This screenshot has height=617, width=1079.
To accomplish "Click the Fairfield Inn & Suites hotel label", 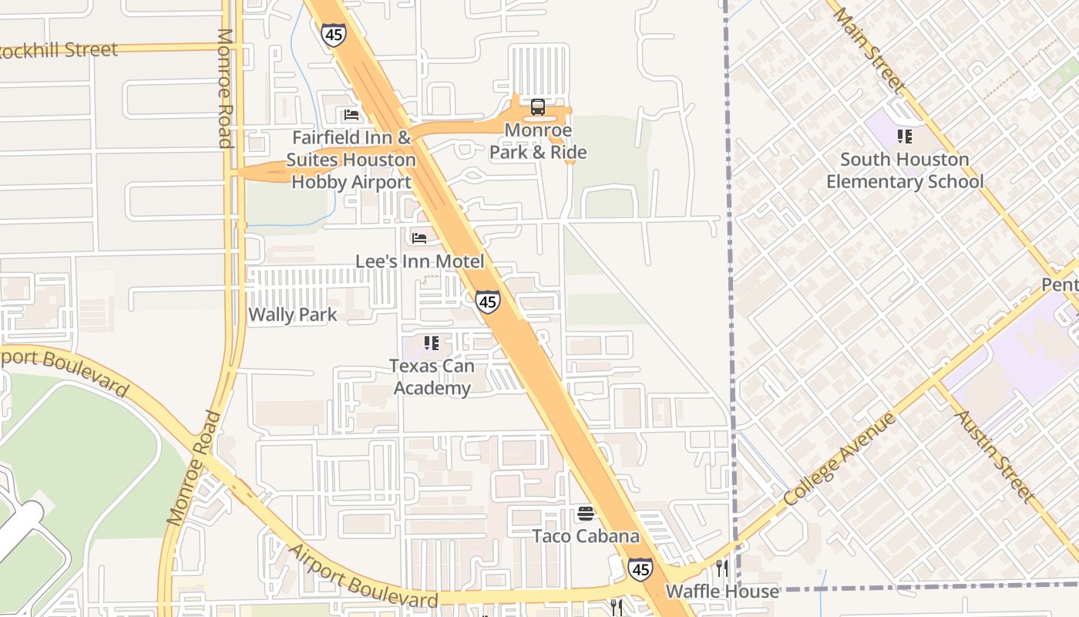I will coord(351,160).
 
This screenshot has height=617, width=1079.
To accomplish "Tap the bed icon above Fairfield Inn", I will coord(351,116).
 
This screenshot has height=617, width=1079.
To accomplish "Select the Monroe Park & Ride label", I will coord(538,141).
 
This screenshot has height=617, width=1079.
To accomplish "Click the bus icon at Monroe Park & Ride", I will coord(538,107).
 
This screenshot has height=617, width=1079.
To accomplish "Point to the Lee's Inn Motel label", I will coord(420,261).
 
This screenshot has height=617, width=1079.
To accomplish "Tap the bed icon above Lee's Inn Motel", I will coord(419,238).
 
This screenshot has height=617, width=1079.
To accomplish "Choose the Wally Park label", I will coord(293,315).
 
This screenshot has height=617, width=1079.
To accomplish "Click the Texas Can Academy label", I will coord(432,376).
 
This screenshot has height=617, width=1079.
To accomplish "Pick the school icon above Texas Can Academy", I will coord(431,342).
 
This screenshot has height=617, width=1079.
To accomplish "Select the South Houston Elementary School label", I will coord(905,170).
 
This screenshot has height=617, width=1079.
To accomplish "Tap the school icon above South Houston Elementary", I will coord(905,137).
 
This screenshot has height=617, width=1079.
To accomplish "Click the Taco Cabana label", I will coord(586,536).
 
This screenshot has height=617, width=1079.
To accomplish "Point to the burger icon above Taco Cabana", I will coord(586,514).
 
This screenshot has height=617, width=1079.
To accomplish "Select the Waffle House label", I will coord(722,592).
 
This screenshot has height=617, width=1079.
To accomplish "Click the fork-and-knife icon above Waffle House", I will coord(722,568).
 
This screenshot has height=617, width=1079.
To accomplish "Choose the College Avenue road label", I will coord(840,460).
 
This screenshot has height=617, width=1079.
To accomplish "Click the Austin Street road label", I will coord(993,456).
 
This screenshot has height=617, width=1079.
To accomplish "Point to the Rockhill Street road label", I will coord(59,51).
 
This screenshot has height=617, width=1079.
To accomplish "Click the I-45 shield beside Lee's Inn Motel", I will coord(487,302).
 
